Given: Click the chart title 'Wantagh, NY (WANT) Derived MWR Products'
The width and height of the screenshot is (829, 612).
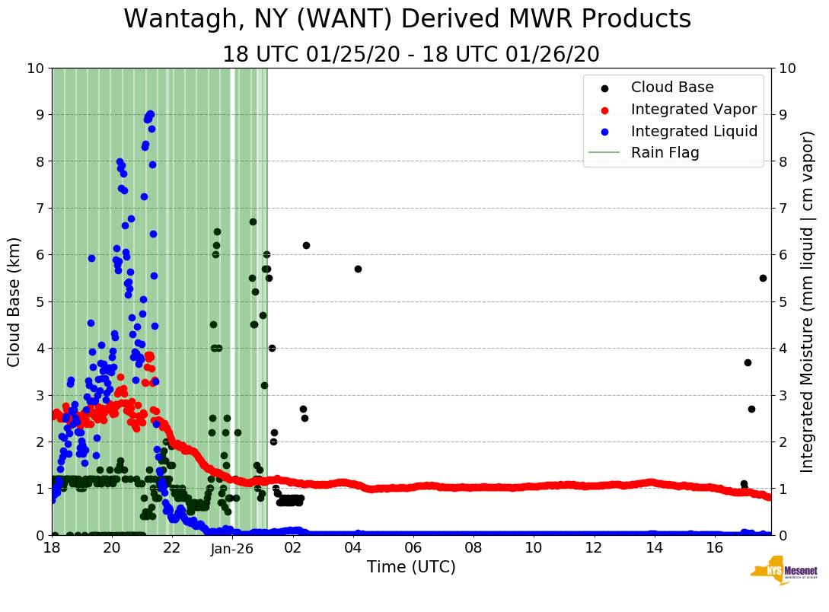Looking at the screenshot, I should (x=407, y=19).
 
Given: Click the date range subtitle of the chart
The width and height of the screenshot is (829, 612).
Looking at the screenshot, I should (x=411, y=55).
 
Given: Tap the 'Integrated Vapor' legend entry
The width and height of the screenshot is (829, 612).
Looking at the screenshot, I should (x=693, y=109).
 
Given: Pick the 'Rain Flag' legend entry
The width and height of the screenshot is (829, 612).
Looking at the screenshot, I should (x=665, y=152).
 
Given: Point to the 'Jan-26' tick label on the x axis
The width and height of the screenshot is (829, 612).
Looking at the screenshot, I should (x=232, y=548).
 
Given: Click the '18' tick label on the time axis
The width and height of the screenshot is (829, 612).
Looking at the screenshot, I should (x=52, y=548).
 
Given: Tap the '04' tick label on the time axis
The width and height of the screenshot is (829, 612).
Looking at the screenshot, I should (x=353, y=548).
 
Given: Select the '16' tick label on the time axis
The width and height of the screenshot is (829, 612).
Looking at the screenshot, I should (x=715, y=548).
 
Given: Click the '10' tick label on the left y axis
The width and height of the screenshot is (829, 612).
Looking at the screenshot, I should (x=35, y=69).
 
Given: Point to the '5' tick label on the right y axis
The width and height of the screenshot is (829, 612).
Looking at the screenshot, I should (x=783, y=301).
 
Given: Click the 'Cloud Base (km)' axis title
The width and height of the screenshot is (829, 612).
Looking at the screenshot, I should (x=14, y=301).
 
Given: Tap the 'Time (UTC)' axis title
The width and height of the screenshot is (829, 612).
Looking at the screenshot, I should (x=411, y=567).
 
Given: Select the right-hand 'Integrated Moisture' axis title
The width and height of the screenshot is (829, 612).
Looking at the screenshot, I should (x=808, y=301).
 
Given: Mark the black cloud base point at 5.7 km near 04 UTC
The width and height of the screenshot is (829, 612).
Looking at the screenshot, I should (x=358, y=269).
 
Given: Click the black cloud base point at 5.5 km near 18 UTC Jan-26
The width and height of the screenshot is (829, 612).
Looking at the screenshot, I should (x=763, y=278).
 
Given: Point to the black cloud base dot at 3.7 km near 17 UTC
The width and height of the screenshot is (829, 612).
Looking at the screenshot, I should (x=748, y=362).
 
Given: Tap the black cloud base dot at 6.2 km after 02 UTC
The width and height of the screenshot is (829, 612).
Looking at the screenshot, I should (x=306, y=245).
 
